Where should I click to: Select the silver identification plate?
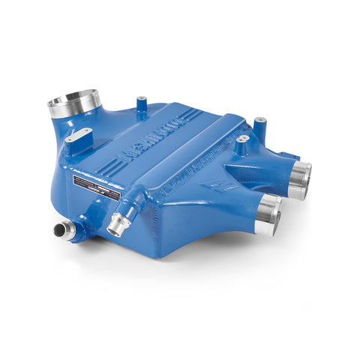pos(95,188)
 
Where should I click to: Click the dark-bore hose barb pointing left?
pos(64,229)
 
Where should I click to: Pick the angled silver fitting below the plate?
pos(118,223)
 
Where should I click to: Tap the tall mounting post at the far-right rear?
pos(259,124)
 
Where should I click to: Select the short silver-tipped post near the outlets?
pos(241,143)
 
